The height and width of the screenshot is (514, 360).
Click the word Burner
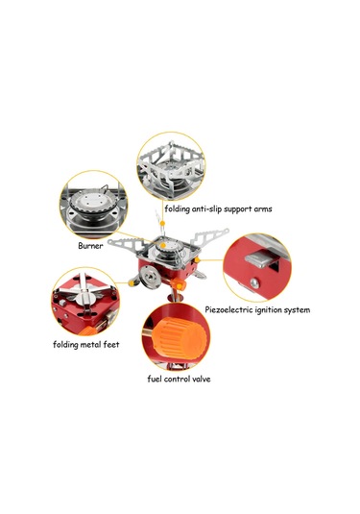[x=90, y=246]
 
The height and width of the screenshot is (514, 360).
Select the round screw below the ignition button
[x=254, y=282]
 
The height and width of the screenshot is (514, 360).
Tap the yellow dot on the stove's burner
[x=163, y=245]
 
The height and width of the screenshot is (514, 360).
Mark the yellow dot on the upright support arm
[x=162, y=223]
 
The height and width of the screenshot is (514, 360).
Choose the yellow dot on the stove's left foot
[x=132, y=283]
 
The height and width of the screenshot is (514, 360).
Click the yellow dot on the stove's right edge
[x=197, y=260]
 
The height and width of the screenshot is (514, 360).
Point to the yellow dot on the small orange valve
[x=180, y=286]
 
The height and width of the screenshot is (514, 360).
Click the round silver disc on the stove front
[x=150, y=278]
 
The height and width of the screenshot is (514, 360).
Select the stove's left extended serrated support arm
[x=127, y=244]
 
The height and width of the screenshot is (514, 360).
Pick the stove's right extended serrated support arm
[x=209, y=236]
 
